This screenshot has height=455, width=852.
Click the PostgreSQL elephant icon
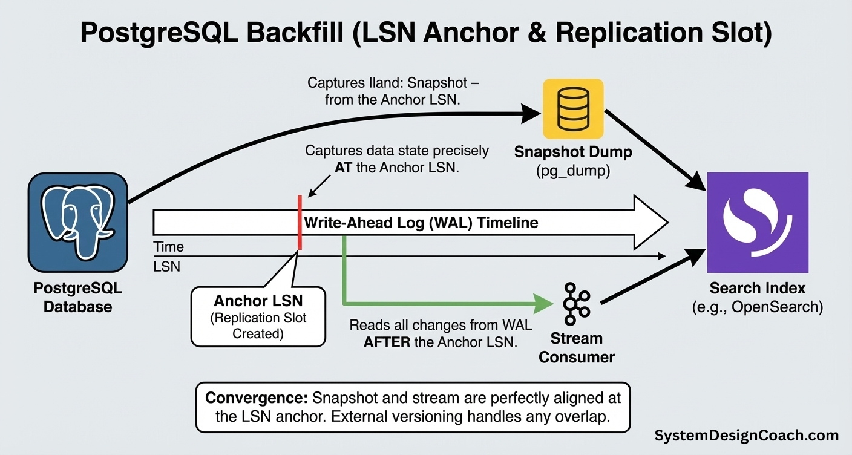(77, 222)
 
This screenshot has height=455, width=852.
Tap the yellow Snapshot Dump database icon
(573, 109)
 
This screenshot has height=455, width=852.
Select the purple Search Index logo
(758, 222)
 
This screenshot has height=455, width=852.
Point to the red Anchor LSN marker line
(299, 222)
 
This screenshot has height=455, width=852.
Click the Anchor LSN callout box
(258, 316)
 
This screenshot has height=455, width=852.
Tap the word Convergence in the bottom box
(257, 399)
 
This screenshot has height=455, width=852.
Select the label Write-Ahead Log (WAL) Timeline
(421, 223)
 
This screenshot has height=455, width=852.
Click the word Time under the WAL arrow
(168, 247)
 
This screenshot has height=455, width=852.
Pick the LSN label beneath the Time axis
(166, 266)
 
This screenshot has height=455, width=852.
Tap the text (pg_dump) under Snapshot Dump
(572, 171)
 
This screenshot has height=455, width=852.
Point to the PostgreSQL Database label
(77, 297)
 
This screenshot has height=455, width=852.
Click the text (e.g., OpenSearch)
(758, 307)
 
